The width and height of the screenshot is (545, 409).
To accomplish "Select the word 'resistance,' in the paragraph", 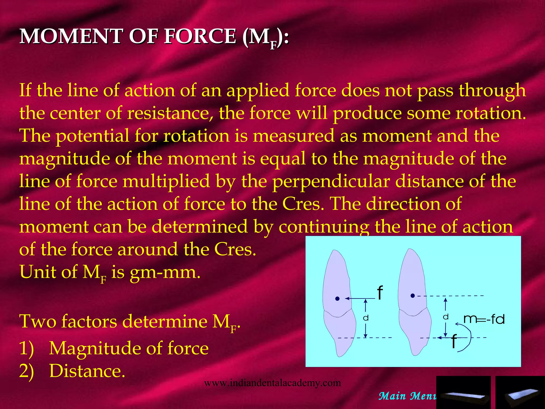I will pyautogui.click(x=171, y=113).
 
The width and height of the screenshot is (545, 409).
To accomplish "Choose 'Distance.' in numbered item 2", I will pyautogui.click(x=87, y=371).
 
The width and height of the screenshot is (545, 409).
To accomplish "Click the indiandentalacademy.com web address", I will pyautogui.click(x=272, y=383).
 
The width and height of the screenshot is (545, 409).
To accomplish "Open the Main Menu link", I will pyautogui.click(x=407, y=396).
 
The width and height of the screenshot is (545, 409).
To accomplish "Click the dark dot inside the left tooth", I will pyautogui.click(x=337, y=299).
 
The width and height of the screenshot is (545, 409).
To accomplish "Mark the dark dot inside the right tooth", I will pyautogui.click(x=413, y=296).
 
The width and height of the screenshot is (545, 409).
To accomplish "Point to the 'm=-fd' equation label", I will pyautogui.click(x=484, y=319).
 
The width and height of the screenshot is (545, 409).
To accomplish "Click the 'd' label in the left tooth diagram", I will pyautogui.click(x=366, y=318).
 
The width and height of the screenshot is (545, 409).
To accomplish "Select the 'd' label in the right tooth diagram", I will pyautogui.click(x=446, y=317).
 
